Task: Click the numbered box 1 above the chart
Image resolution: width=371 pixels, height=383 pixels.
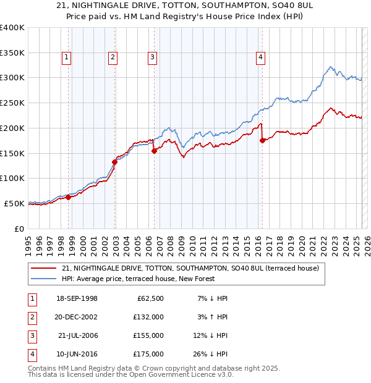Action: coord(66,57)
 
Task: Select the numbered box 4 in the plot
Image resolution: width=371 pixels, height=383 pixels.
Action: coord(261,57)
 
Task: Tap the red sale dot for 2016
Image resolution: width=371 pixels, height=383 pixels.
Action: coord(262,140)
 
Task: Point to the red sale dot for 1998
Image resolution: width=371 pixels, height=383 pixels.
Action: coord(68,197)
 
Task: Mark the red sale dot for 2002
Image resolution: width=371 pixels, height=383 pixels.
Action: coord(114,162)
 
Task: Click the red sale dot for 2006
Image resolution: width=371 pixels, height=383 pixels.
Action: coord(154,150)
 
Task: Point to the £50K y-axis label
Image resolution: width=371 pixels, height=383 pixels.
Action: coord(14,203)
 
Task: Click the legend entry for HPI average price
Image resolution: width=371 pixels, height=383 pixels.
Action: coord(137,279)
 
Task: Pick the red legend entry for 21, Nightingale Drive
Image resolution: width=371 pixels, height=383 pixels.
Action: coord(190,268)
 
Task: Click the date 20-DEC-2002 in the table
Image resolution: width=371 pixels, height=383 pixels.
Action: coord(76,317)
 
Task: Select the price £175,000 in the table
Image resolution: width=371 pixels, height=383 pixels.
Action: coord(149,354)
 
